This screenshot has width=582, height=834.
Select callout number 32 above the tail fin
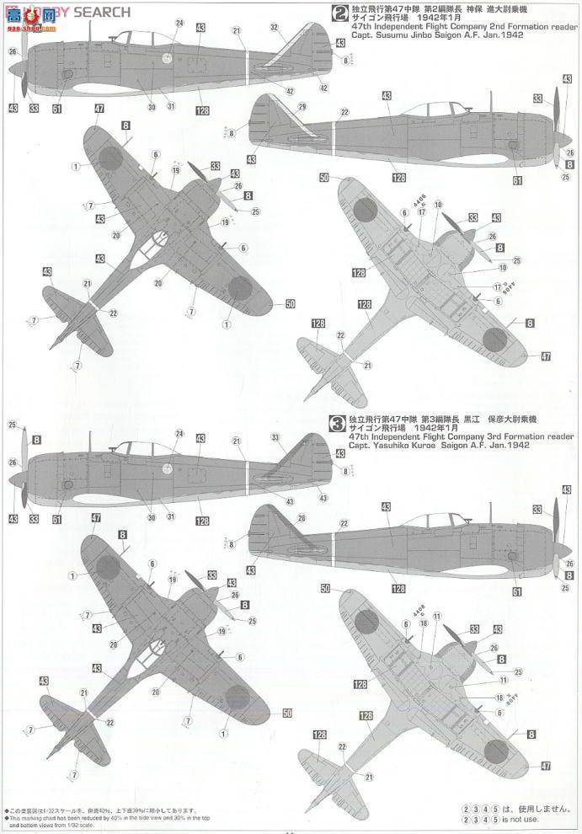(274, 28)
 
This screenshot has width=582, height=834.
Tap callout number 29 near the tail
(302, 107)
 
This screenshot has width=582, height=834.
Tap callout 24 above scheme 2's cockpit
(179, 23)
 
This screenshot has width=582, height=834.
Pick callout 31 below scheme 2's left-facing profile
(171, 106)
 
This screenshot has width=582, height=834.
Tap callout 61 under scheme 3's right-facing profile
(517, 593)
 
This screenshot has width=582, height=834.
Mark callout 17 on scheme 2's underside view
(422, 212)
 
